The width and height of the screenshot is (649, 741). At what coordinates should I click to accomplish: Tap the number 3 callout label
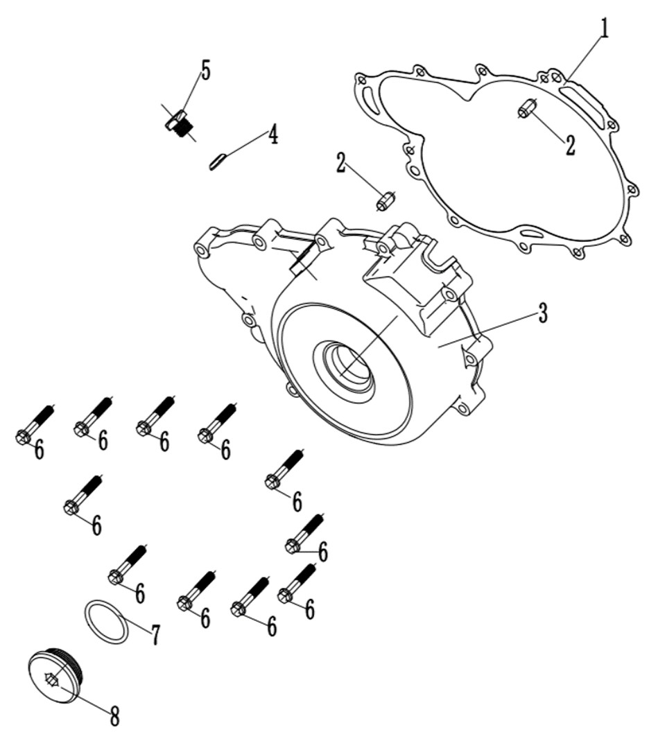543,313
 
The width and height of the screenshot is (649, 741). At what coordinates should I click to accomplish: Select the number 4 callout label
272,134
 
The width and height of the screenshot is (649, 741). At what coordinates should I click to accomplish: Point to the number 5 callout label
205,71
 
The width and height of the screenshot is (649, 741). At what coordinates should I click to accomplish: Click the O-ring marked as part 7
106,622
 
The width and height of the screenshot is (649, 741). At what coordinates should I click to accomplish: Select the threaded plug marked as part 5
180,123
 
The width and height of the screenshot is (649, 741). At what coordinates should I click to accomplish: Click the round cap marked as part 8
55,674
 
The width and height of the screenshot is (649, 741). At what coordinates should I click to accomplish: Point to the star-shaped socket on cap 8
51,680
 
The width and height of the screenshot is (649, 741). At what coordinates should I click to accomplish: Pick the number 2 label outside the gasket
342,162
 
